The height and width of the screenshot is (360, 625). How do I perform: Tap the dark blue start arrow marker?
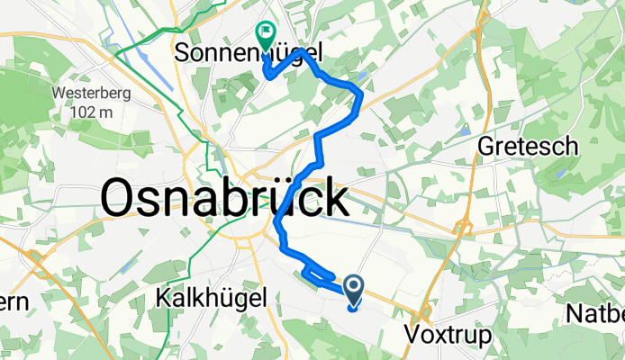pyautogui.click(x=352, y=289)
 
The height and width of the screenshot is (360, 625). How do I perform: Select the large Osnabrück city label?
pyautogui.click(x=224, y=197)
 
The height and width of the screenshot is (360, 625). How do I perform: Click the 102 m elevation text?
pyautogui.click(x=94, y=112)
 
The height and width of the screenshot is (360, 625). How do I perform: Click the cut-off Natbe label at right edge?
pyautogui.click(x=595, y=314)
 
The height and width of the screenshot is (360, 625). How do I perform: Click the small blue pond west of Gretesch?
pyautogui.click(x=464, y=130)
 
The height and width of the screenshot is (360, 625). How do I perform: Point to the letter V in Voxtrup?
pyautogui.click(x=413, y=335)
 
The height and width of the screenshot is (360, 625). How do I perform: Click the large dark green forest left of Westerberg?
pyautogui.click(x=23, y=99)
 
